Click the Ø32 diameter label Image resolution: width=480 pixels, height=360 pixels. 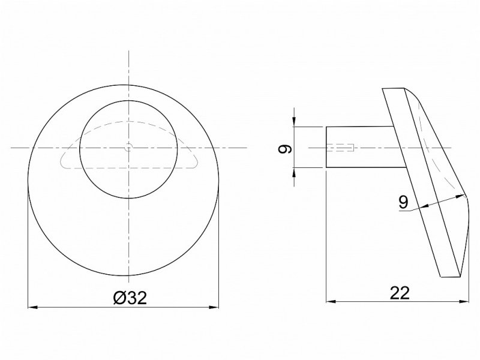tap(130, 298)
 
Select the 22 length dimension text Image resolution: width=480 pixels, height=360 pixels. tap(400, 293)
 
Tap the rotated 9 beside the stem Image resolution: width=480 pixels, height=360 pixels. tap(285, 149)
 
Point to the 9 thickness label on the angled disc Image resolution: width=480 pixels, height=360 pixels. tap(404, 202)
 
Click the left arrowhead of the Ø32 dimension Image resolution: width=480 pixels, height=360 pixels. tap(32, 307)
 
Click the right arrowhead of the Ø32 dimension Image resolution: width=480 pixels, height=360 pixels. tap(214, 307)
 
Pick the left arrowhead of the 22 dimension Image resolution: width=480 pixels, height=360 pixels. tap(331, 302)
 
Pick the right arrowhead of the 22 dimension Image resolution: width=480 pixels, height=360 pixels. tap(464, 302)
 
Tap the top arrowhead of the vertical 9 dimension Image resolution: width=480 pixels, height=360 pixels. tap(294, 122)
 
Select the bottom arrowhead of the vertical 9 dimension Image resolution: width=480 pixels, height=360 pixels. tap(294, 172)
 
